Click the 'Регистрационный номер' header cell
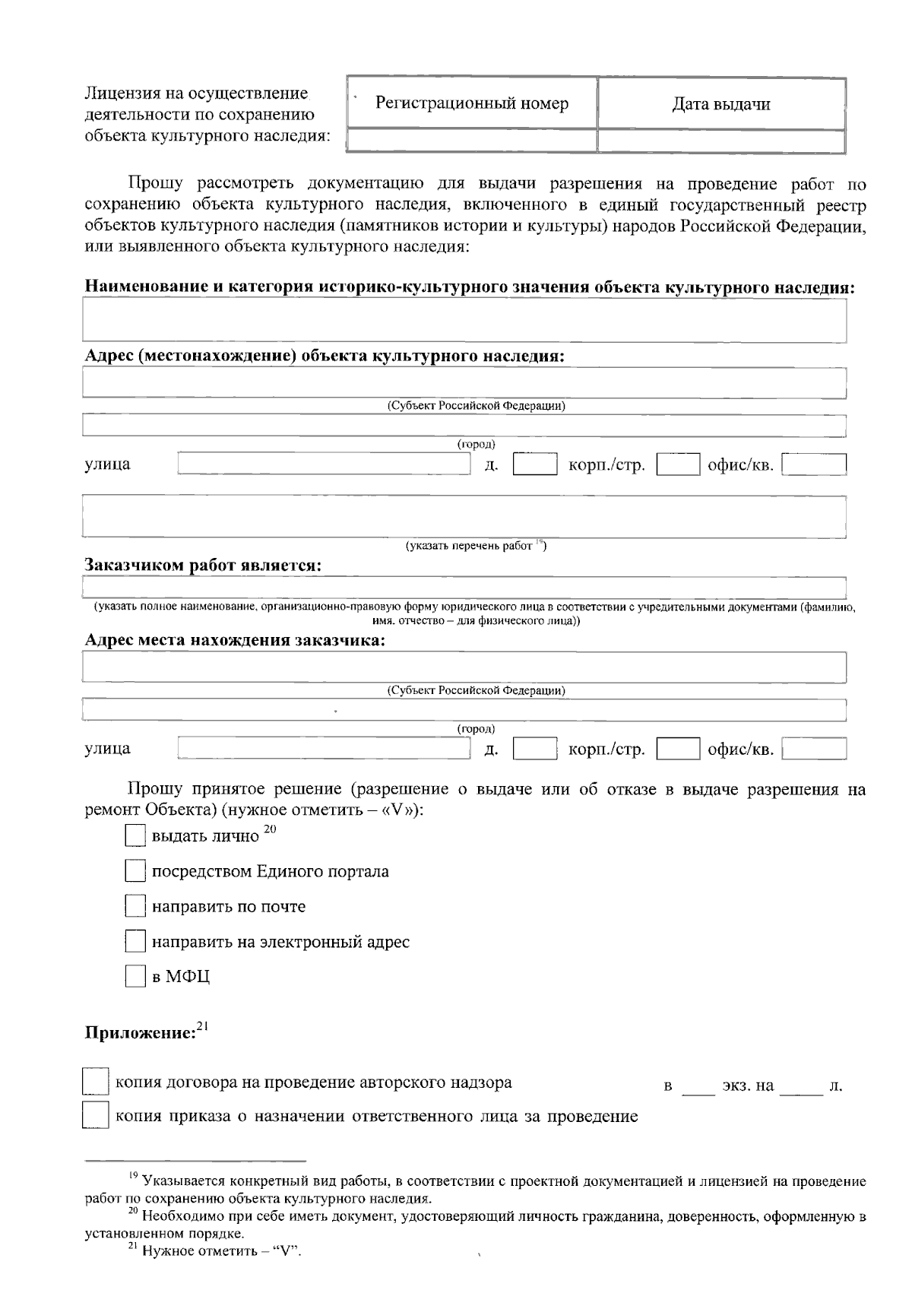[x=471, y=103]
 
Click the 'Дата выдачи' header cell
[x=720, y=104]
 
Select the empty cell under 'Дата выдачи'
[x=720, y=141]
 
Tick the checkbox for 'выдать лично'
[x=135, y=836]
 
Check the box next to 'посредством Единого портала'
[x=135, y=871]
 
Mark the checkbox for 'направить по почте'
[x=135, y=906]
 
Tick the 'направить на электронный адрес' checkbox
[x=135, y=942]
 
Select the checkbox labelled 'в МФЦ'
[x=135, y=977]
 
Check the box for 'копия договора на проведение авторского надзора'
[x=94, y=1082]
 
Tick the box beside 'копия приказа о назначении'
[x=94, y=1117]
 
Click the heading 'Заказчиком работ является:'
[x=202, y=566]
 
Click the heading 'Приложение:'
[x=141, y=1034]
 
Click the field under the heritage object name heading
[x=464, y=320]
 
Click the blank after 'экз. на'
[x=801, y=1086]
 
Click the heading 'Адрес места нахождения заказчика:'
[x=235, y=640]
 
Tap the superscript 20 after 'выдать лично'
[x=269, y=830]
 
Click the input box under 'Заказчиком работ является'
[x=464, y=588]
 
